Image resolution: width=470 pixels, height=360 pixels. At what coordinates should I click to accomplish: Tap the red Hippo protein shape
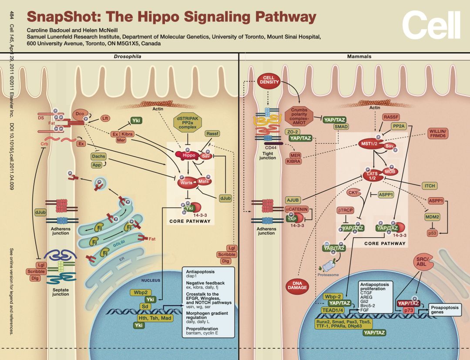pyautogui.click(x=186, y=155)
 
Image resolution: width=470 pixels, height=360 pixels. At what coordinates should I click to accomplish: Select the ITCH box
pyautogui.click(x=429, y=186)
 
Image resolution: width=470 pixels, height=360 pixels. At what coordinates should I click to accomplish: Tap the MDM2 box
pyautogui.click(x=432, y=216)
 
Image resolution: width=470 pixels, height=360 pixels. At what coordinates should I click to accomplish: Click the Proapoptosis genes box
pyautogui.click(x=446, y=310)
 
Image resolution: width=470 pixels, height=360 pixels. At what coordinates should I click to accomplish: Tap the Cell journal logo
pyautogui.click(x=430, y=24)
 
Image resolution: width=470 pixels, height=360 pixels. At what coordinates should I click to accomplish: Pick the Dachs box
pyautogui.click(x=98, y=156)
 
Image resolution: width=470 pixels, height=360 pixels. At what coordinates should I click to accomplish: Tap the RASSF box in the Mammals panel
pyautogui.click(x=390, y=117)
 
